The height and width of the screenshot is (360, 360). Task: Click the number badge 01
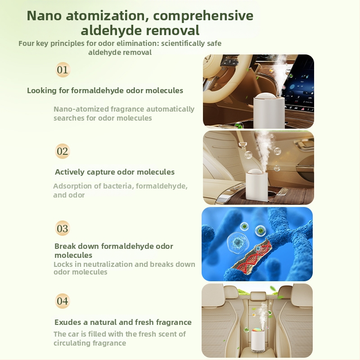click(x=63, y=70)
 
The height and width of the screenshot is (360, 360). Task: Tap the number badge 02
click(x=63, y=151)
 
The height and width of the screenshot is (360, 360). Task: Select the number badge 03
click(x=63, y=228)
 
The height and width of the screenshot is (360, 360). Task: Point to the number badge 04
click(x=63, y=301)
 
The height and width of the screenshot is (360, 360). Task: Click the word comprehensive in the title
click(x=203, y=16)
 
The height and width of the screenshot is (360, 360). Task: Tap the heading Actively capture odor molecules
click(x=115, y=172)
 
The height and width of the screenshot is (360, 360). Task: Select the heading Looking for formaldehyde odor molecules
click(x=105, y=90)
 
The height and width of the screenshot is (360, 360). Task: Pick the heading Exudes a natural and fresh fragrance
click(x=123, y=322)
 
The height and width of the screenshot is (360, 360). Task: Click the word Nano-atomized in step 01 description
click(x=81, y=109)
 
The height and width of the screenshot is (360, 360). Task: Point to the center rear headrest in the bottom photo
click(x=257, y=296)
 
